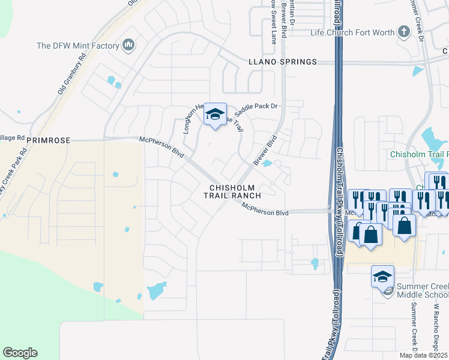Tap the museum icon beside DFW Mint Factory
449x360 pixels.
[x=128, y=45]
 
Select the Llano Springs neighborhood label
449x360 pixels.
[x=282, y=62]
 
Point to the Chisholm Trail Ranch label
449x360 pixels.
[x=235, y=191]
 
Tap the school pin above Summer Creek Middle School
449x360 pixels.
[x=382, y=277]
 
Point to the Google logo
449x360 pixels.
[x=20, y=353]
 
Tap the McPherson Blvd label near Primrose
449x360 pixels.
[x=161, y=146]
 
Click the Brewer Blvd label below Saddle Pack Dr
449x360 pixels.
[x=264, y=150]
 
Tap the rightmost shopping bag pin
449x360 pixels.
[x=405, y=226]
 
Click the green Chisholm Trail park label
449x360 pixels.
[x=419, y=154]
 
